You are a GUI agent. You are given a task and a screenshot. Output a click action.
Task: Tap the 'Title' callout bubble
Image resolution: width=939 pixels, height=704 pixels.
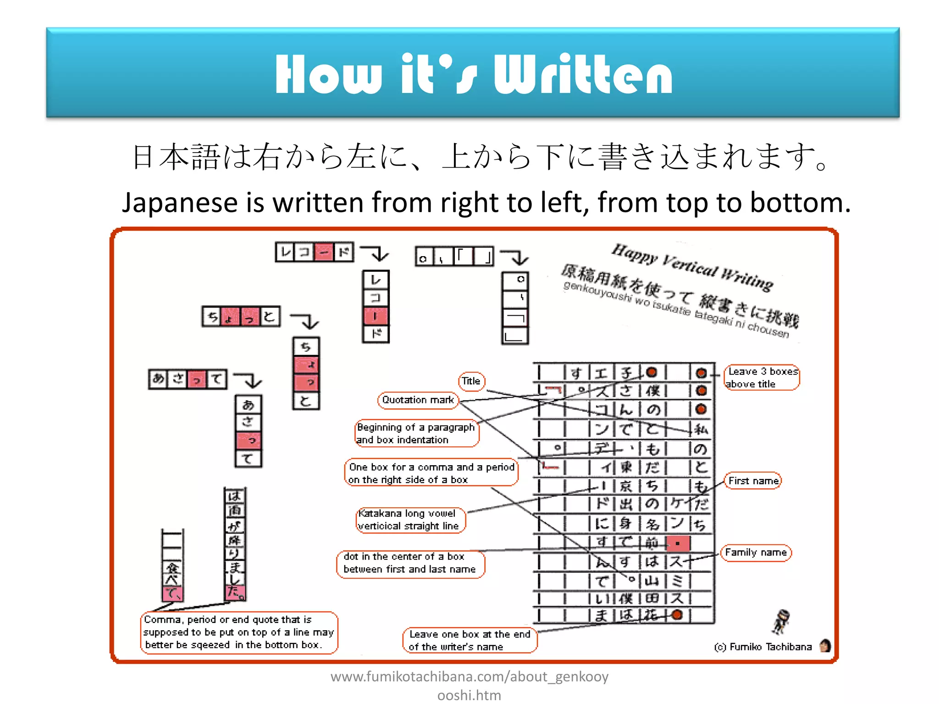point(471,381)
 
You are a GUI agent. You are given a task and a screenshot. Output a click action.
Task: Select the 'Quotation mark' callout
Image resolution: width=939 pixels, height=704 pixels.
point(418,400)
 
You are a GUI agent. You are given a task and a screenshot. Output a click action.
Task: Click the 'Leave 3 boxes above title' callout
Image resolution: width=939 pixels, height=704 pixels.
point(762,378)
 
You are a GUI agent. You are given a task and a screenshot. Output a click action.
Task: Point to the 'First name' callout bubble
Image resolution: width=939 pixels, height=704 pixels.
point(753,481)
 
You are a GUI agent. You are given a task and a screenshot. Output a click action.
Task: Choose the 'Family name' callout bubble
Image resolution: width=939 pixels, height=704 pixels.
point(756,553)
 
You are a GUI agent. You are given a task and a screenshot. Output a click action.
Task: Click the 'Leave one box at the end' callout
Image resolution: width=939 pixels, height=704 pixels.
point(469,640)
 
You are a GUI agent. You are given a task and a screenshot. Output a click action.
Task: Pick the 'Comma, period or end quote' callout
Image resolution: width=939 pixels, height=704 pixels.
point(238,632)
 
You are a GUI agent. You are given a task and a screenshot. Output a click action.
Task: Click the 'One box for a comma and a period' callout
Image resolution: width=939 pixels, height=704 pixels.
point(431,473)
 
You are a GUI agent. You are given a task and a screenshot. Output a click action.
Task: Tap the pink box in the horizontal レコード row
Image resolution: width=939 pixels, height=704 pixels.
point(324,252)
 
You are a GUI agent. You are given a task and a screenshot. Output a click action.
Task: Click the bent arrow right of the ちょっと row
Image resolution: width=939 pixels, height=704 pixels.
point(306,320)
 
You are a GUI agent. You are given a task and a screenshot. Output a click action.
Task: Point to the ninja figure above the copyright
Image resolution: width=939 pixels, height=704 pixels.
point(781,621)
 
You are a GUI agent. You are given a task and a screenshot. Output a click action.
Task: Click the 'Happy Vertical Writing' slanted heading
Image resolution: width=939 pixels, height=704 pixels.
point(692,268)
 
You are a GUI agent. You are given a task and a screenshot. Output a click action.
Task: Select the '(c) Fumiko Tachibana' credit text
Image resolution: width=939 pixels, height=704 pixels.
point(763,647)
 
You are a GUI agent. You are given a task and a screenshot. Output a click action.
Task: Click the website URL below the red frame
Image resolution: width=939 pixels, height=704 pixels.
point(469,686)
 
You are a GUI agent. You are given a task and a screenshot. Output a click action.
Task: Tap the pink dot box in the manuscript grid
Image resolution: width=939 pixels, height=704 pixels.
point(678,544)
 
